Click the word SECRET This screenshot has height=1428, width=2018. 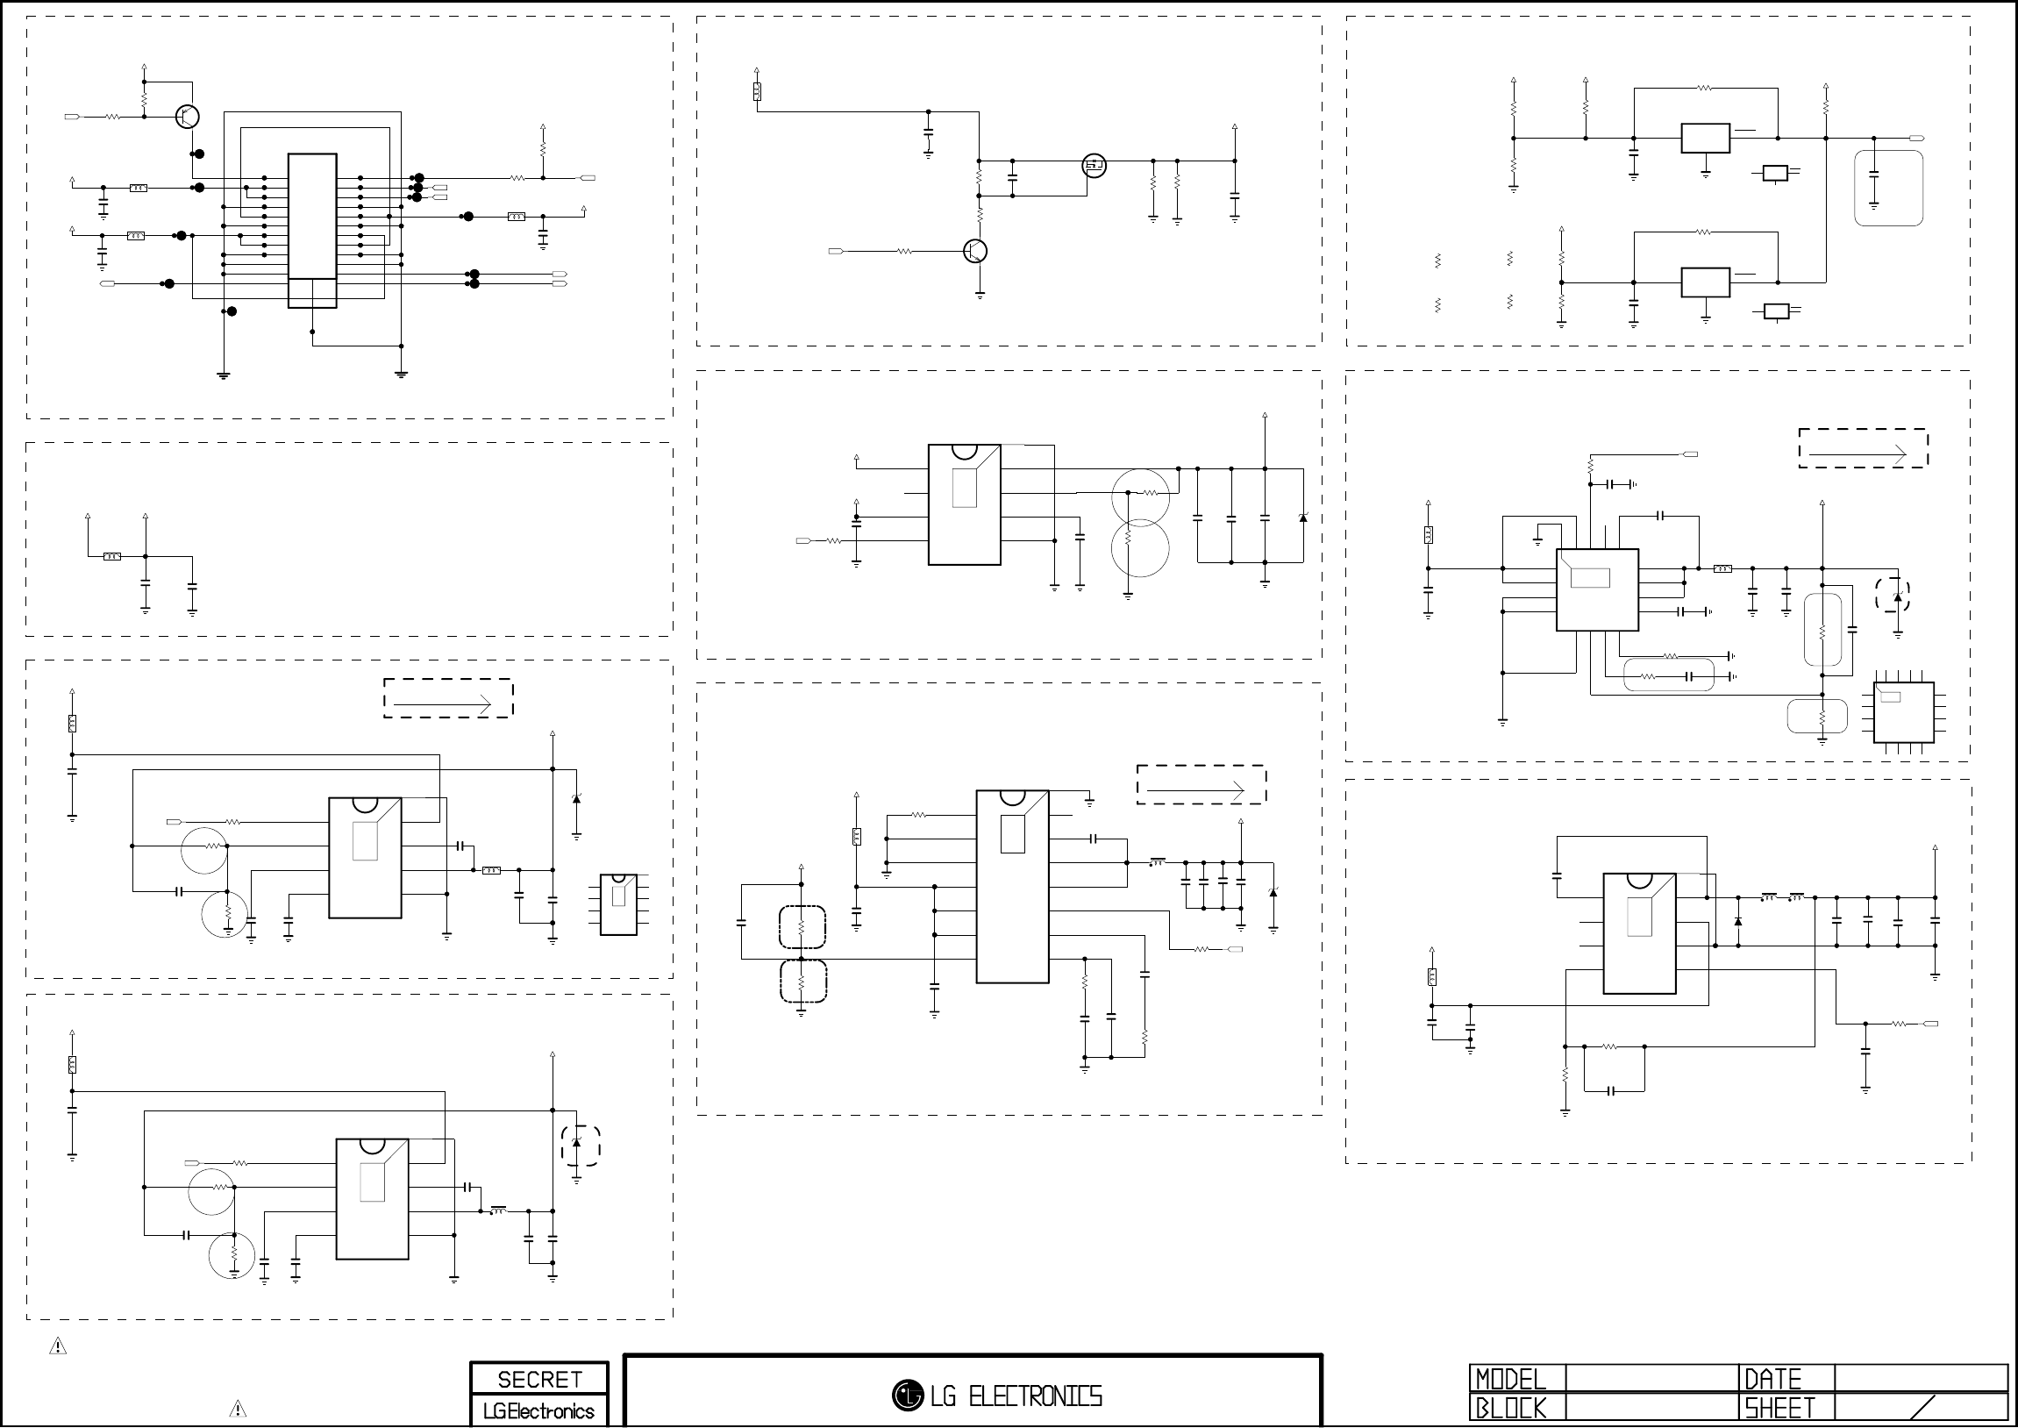[538, 1380]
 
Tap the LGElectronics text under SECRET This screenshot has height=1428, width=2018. [538, 1411]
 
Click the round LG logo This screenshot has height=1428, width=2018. [906, 1395]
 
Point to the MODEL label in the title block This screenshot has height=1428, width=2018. [1510, 1379]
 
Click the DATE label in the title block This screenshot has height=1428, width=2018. [1772, 1379]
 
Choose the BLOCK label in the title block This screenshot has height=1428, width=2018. [1510, 1409]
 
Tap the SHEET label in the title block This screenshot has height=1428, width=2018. [1779, 1409]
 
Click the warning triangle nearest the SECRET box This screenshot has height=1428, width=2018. [238, 1409]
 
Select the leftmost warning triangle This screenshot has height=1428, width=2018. [58, 1346]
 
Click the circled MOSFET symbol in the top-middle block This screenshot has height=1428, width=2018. [1094, 165]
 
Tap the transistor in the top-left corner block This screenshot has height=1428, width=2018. [187, 116]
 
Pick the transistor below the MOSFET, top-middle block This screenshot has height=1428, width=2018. [975, 252]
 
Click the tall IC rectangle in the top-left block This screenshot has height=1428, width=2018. [312, 231]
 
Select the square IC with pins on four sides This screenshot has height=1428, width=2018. [1903, 712]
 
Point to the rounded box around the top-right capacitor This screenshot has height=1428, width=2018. [1888, 189]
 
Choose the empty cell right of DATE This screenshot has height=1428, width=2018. [1920, 1379]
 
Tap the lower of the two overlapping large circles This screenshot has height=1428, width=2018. [1140, 549]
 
